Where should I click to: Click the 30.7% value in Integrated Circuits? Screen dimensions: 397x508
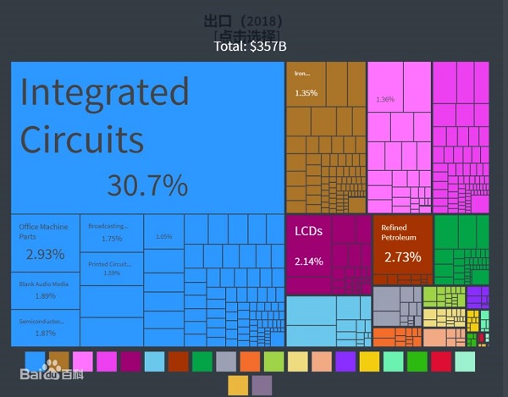(147, 185)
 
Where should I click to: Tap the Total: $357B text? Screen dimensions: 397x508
(256, 46)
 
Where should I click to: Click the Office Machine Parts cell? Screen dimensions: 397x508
(45, 242)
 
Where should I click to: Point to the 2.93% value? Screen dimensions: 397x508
(45, 254)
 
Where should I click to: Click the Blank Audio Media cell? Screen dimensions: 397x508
(44, 290)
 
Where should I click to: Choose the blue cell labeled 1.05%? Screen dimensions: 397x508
(163, 236)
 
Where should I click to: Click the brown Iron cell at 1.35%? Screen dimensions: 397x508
(306, 83)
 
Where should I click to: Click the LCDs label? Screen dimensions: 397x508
(308, 231)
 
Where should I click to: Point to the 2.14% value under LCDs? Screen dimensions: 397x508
(308, 261)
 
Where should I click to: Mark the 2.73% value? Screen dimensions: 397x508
(402, 256)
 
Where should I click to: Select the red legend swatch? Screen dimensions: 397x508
(441, 361)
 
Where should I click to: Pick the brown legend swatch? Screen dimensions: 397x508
(58, 361)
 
